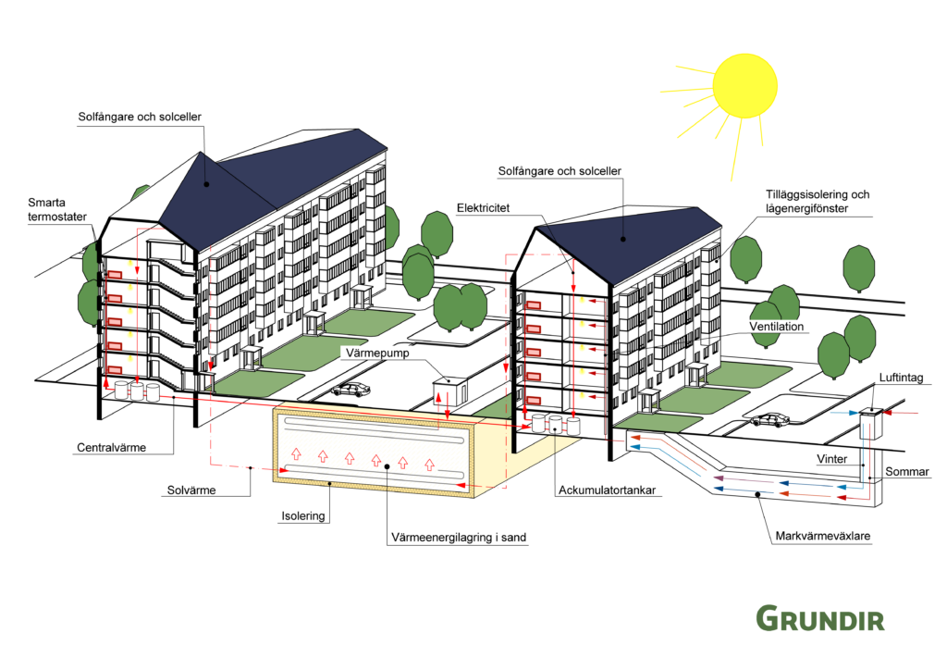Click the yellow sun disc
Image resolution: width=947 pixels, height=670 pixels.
coord(744,85)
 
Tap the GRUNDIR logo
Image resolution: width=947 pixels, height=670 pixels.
coord(820,618)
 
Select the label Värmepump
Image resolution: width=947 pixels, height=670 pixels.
coord(377,353)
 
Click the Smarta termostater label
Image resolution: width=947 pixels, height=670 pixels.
coord(57,210)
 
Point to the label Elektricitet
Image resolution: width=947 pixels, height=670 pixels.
coord(483,208)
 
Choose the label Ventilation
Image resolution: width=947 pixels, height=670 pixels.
coord(777,327)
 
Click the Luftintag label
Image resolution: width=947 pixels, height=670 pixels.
coord(901,378)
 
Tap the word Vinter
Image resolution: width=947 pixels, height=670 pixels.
coord(831,459)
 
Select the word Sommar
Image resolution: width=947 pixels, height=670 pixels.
coord(907,471)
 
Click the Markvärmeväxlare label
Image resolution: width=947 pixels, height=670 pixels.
coord(822,536)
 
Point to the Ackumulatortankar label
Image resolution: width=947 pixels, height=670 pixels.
coord(607,490)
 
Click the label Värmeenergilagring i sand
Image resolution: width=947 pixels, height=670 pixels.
coord(459,537)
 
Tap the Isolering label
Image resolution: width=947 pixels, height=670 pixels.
coord(303,516)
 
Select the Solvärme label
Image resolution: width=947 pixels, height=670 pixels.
coord(191,490)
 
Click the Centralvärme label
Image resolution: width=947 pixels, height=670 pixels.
coord(111,448)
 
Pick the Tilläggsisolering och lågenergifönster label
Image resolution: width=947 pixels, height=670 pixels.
coord(818,201)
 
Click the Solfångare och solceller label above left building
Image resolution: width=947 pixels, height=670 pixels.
coord(140,117)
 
